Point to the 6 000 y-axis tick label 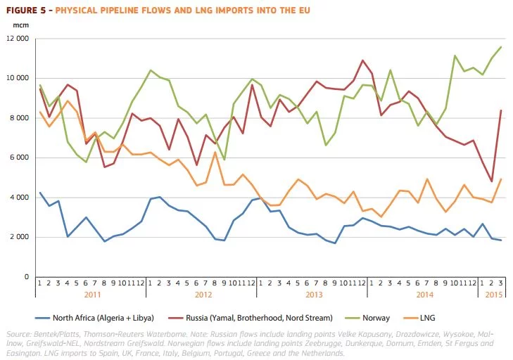[22, 157]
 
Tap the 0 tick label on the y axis [26, 277]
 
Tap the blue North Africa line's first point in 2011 [40, 192]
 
